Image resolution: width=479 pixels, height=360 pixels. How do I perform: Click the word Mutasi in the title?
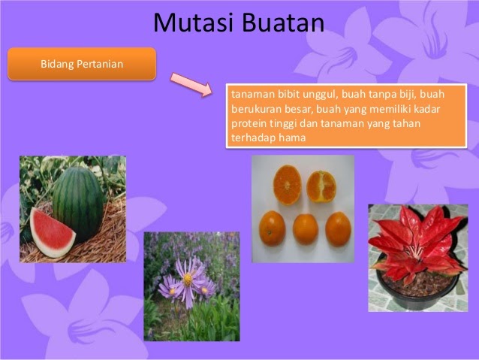(193, 23)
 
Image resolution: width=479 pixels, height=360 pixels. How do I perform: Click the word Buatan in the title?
(283, 23)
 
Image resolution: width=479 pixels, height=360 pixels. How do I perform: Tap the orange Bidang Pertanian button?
(82, 64)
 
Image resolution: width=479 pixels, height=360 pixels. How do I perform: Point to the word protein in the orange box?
(249, 124)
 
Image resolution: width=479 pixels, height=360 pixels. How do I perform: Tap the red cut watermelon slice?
(52, 231)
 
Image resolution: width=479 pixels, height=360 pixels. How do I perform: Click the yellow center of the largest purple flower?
(187, 279)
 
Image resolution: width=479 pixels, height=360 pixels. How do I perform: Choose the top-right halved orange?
(321, 186)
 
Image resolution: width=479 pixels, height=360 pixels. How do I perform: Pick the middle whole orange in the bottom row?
(305, 228)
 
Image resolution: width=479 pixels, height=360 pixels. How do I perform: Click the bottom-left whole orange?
(272, 228)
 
